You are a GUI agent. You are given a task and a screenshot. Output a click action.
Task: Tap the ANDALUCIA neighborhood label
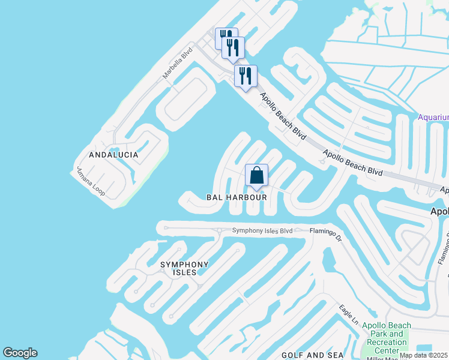click(x=113, y=155)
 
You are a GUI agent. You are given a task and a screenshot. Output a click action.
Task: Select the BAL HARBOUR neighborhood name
click(x=237, y=197)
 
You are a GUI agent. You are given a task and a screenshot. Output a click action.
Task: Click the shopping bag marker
click(x=256, y=176)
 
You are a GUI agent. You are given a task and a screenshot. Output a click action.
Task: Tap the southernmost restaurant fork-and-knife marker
click(x=246, y=76)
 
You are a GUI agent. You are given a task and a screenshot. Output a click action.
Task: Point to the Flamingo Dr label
click(x=325, y=234)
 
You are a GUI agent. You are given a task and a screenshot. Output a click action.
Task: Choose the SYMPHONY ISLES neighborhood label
click(x=184, y=268)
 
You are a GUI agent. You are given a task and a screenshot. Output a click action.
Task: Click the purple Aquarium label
click(x=433, y=117)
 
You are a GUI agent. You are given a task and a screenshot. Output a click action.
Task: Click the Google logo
click(x=20, y=353)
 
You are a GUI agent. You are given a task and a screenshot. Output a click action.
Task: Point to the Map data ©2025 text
click(x=423, y=355)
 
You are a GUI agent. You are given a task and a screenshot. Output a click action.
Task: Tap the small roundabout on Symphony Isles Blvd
click(x=220, y=230)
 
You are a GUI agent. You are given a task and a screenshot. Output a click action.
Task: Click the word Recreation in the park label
click(x=387, y=342)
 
